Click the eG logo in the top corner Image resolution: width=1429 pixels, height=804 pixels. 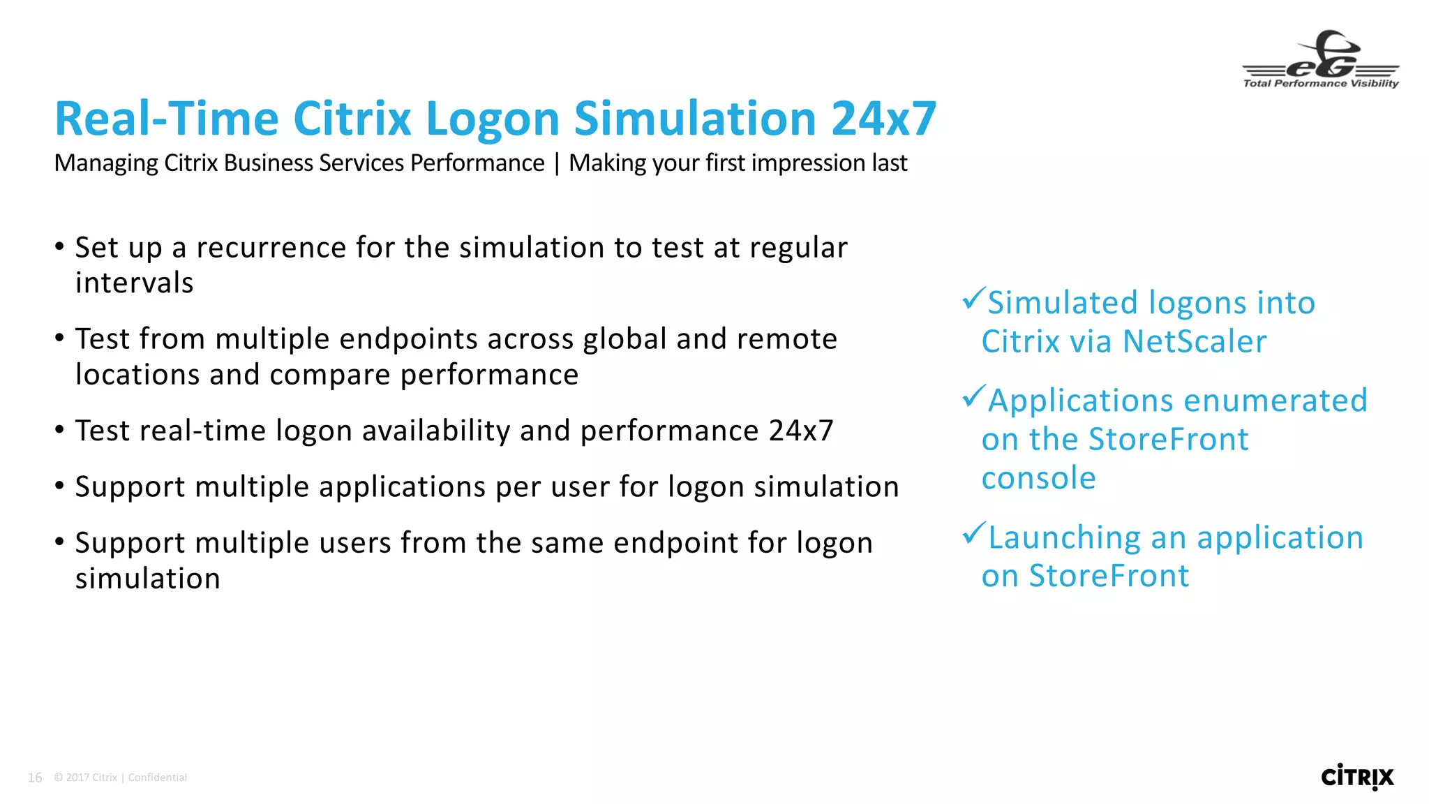tap(1321, 60)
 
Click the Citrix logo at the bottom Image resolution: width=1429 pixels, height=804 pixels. tap(1357, 777)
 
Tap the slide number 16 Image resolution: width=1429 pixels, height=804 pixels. tap(35, 777)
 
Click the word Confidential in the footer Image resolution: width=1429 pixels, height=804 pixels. tap(158, 777)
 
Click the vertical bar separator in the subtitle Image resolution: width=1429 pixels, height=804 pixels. tap(557, 163)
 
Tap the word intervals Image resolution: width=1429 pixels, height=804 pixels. tap(134, 283)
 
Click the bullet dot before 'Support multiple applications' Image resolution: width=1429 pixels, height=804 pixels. tap(60, 486)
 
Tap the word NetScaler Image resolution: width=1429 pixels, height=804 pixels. tap(1195, 342)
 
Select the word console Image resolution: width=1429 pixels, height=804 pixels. tap(1038, 479)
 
